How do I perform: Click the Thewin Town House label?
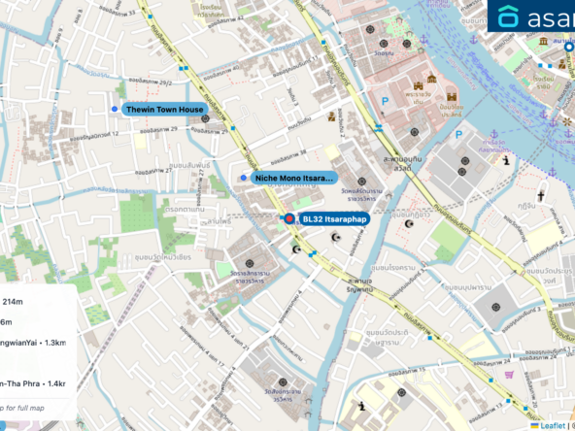(x=164, y=110)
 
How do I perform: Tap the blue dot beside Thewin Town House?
(x=115, y=109)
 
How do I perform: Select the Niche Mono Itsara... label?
(x=293, y=179)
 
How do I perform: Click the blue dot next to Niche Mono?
(x=244, y=178)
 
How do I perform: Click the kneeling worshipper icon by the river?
(x=506, y=160)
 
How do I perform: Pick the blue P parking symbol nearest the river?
(x=458, y=135)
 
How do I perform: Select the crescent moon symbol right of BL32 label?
(x=337, y=237)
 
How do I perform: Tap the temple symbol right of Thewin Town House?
(x=205, y=118)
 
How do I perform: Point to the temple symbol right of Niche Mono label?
(x=360, y=181)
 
